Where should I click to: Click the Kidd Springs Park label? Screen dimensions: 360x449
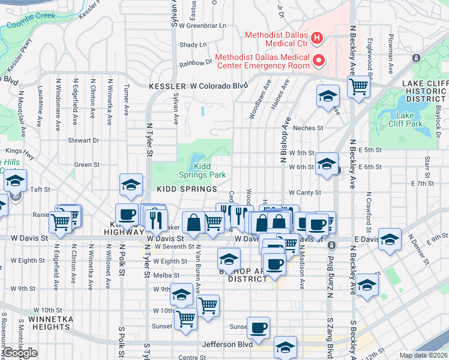(202, 170)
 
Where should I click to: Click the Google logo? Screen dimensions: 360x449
(20, 353)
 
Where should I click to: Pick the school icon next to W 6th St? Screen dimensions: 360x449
(327, 163)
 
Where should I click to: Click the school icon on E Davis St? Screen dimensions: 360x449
(390, 239)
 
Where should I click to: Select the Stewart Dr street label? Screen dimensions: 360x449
(83, 140)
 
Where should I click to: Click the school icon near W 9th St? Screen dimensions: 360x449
(181, 294)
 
